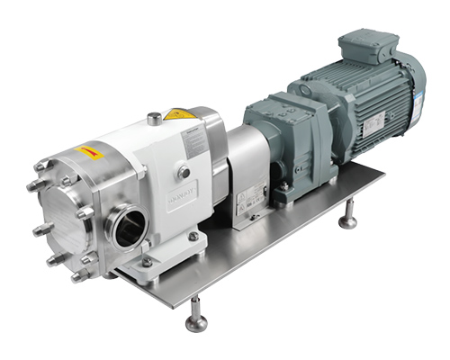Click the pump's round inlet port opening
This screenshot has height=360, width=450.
click(122, 225)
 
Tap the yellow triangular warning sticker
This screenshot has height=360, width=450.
click(179, 115)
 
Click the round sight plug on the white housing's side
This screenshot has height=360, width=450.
click(183, 171)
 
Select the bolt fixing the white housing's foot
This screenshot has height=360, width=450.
click(193, 237)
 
